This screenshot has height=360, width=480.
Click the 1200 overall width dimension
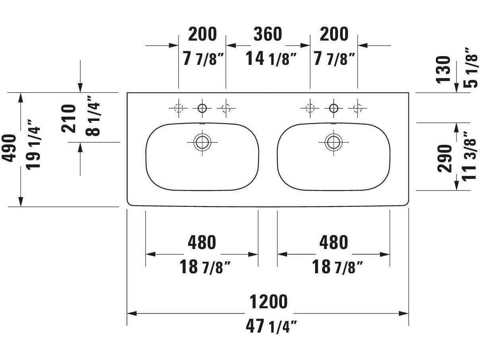pos(268,302)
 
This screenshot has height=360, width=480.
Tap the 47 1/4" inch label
pos(271,327)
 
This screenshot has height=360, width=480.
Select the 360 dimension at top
pos(268,35)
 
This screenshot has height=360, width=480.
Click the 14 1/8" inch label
pos(271,59)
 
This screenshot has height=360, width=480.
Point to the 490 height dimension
pos(10,148)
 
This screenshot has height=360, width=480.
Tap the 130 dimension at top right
pos(444,69)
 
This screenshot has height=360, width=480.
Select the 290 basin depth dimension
pos(445,158)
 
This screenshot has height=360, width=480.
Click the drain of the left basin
pos(202,142)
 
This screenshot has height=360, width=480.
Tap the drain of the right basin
pos(333,142)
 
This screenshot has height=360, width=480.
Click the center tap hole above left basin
pos(202,107)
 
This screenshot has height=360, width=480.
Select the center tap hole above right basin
pos(333,107)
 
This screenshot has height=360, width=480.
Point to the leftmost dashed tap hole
pos(178,107)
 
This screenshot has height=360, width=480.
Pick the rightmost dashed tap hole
pos(357,107)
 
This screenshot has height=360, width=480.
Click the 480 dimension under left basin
pos(202,242)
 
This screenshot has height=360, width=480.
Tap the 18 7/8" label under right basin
pos(337,267)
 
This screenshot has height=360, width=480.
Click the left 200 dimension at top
pos(202,35)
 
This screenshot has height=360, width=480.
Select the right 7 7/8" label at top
pos(334,59)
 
